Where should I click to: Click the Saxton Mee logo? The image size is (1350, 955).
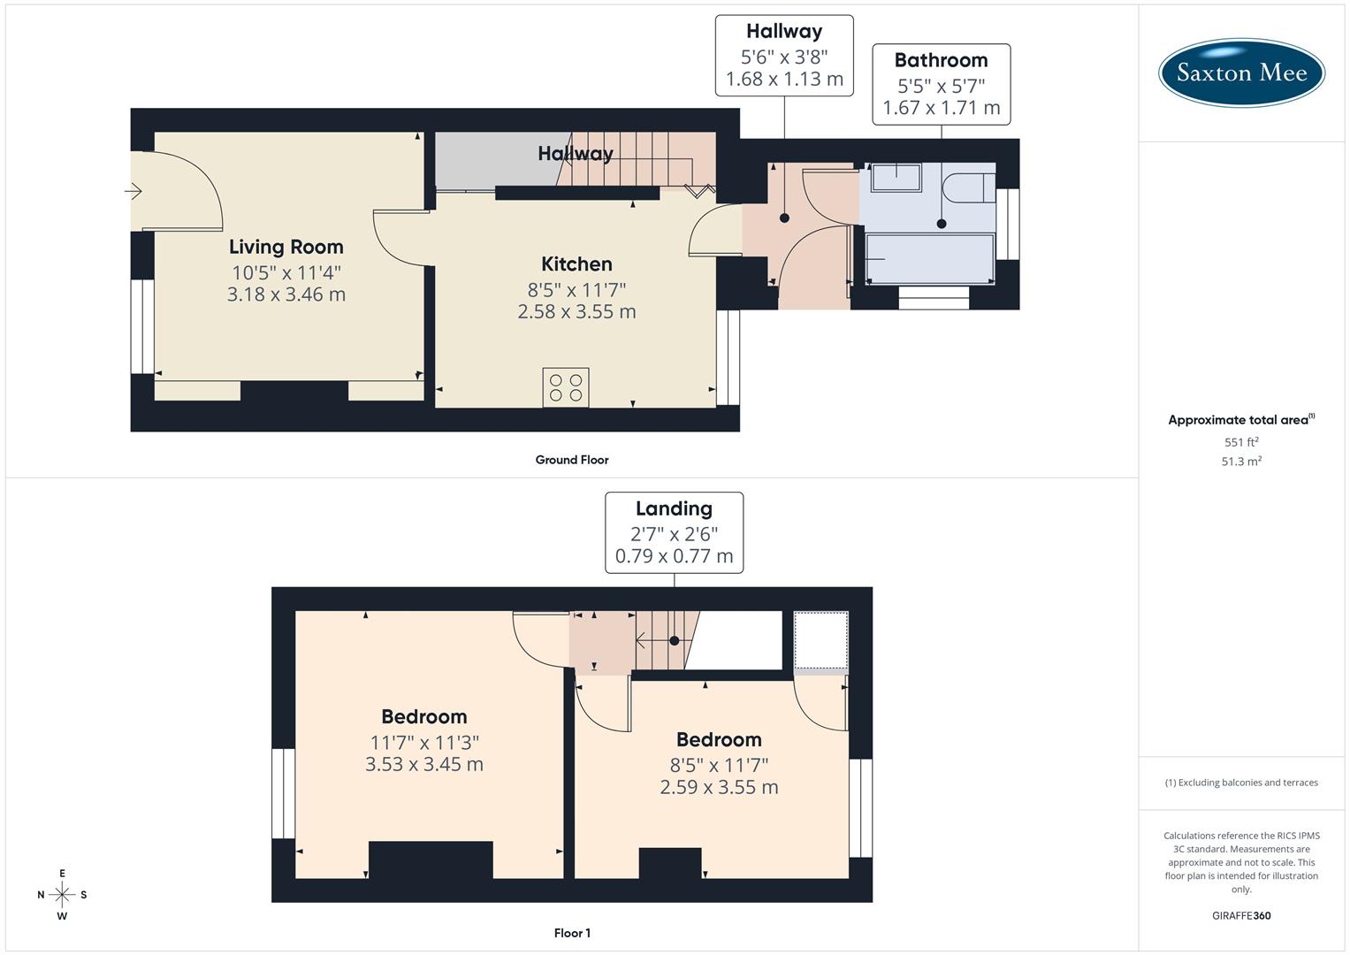[x=1241, y=73]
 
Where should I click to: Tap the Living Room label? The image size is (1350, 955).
[x=286, y=247]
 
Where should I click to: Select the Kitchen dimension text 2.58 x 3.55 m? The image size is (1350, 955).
[x=576, y=311]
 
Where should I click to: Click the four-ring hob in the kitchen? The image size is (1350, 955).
[x=566, y=388]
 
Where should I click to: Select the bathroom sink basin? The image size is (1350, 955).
[x=896, y=178]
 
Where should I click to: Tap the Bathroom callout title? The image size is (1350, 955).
[x=941, y=60]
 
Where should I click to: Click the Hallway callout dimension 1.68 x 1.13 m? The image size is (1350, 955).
[x=784, y=80]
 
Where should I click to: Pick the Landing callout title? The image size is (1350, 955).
[x=674, y=508]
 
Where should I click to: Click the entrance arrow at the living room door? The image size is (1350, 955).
[x=133, y=190]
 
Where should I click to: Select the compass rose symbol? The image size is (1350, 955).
[x=62, y=895]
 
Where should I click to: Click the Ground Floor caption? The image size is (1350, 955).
[x=572, y=460]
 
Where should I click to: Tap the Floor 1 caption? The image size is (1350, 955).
[x=572, y=933]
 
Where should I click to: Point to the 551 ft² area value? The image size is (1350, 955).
[x=1241, y=442]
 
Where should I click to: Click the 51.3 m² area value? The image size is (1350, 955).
[x=1241, y=462]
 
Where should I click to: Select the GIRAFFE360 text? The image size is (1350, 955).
[x=1241, y=915]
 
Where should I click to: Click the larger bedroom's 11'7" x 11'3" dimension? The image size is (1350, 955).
[x=424, y=743]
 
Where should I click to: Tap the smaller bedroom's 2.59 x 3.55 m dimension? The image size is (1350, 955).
[x=719, y=787]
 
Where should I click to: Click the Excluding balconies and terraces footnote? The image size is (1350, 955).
[x=1241, y=783]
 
